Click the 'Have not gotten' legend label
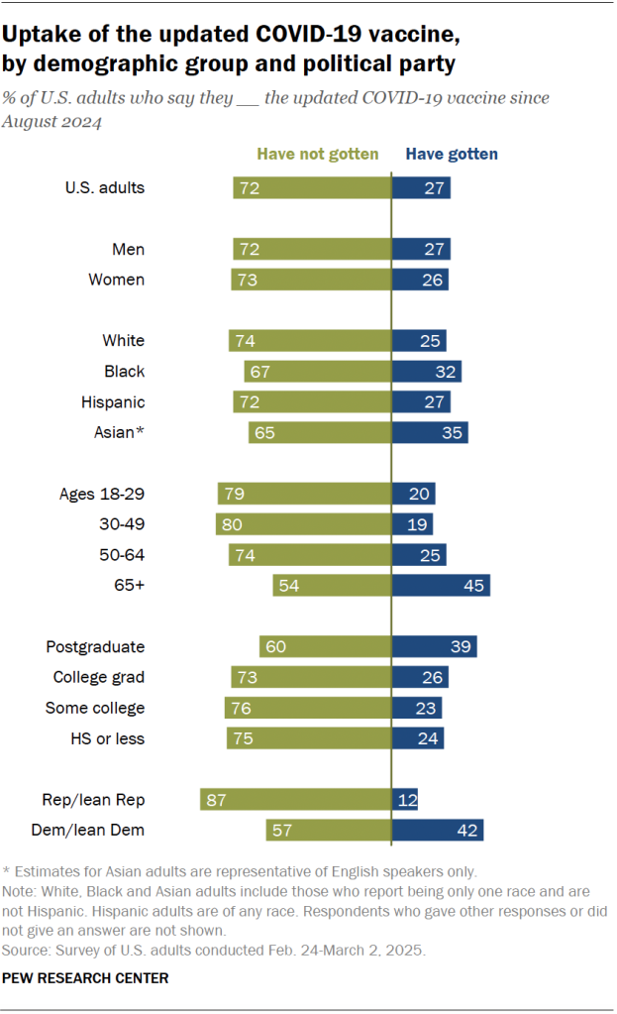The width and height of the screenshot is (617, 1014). click(318, 154)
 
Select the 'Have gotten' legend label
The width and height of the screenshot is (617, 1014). click(452, 154)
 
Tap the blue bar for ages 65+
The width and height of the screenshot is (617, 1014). click(441, 586)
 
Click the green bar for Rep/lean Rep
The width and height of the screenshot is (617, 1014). click(295, 800)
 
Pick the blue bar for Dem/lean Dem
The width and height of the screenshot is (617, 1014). click(437, 831)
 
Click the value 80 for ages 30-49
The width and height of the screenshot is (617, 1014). click(233, 524)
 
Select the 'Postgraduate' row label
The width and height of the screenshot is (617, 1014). click(95, 647)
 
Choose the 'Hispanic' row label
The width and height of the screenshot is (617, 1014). click(111, 402)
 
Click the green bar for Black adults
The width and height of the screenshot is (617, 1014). click(317, 372)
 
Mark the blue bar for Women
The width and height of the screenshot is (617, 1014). click(420, 280)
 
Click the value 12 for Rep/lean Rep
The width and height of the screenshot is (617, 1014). click(406, 800)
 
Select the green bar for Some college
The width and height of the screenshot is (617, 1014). click(307, 708)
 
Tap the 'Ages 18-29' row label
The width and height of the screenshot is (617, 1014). click(104, 494)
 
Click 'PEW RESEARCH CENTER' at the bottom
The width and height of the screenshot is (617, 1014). click(85, 978)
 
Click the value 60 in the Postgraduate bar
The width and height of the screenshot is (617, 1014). click(275, 647)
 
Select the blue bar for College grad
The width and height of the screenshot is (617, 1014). click(420, 677)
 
